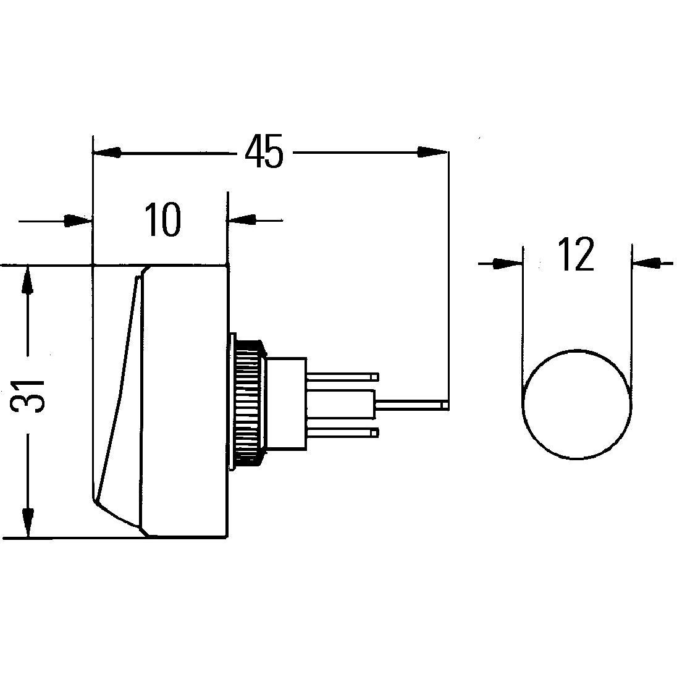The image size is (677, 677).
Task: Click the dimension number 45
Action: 264,152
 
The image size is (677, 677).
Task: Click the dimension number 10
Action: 163,220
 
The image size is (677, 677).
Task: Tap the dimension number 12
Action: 576,254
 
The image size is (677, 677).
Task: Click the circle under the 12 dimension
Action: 577,405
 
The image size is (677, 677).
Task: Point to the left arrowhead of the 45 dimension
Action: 107,152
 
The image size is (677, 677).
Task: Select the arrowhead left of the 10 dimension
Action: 78,220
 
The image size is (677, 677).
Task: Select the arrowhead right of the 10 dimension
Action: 242,220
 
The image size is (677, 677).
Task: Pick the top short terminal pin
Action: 342,376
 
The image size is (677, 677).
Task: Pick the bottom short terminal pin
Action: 342,433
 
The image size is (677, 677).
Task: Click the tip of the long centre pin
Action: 445,405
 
